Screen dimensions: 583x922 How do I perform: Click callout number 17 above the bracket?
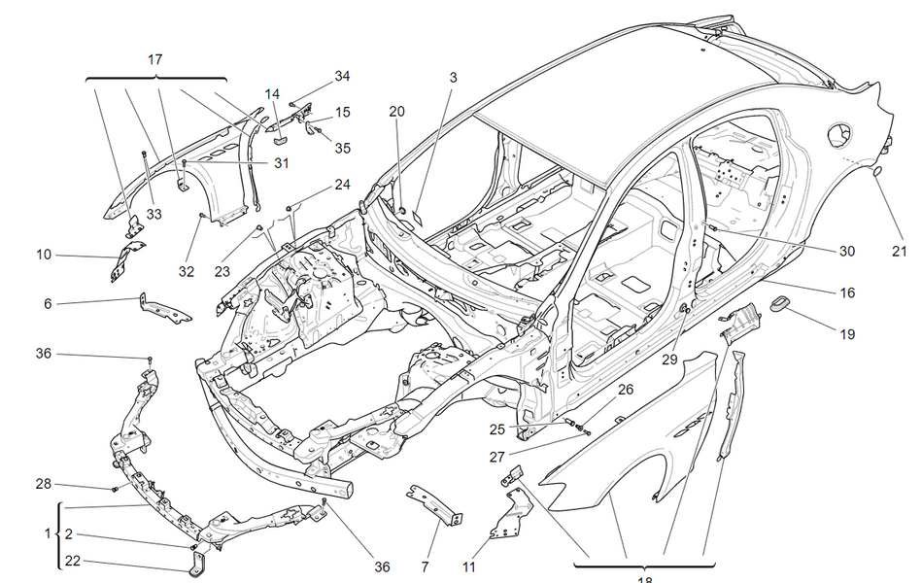click(x=155, y=59)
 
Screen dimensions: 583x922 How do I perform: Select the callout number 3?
click(x=453, y=77)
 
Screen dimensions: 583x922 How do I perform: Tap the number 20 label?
click(x=396, y=111)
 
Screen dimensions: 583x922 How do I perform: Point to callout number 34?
click(x=342, y=76)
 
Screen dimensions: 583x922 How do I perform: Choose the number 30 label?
click(x=847, y=251)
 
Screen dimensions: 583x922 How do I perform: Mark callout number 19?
click(x=847, y=334)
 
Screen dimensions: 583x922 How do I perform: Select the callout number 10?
click(x=44, y=255)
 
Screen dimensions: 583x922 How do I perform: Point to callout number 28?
click(x=44, y=484)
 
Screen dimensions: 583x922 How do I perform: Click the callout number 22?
click(x=74, y=561)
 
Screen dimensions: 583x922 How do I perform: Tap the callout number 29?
click(x=669, y=359)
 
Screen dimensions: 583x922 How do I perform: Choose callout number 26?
click(x=626, y=389)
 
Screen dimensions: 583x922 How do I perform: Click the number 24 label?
click(x=342, y=184)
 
